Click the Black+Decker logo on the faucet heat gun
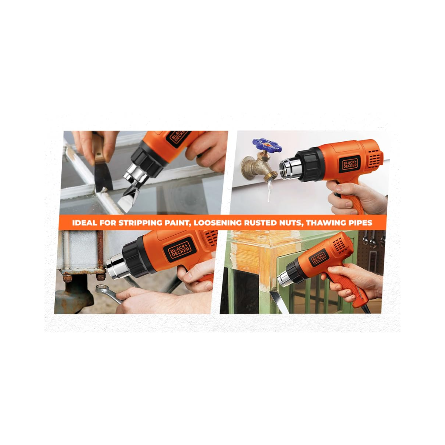point(350,164)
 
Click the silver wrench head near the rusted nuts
point(102,289)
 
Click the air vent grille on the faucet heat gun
point(374,157)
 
